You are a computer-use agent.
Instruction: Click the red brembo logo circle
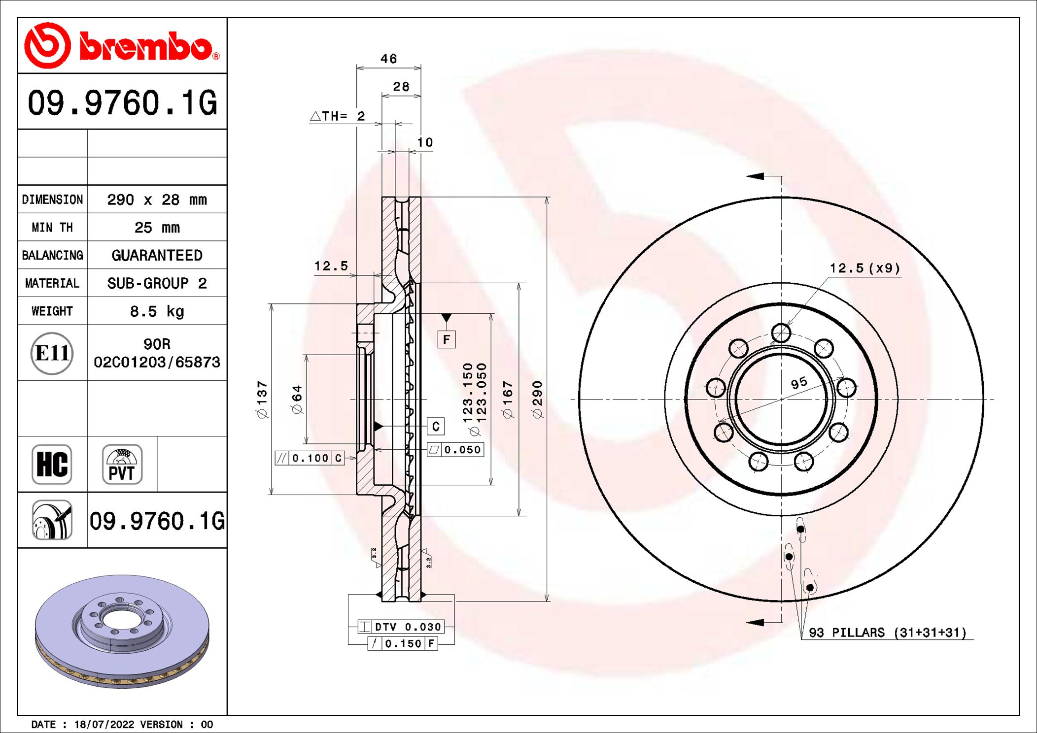click(x=47, y=45)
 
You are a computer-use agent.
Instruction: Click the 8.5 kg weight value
click(x=157, y=311)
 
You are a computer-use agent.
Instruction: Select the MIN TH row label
click(x=52, y=228)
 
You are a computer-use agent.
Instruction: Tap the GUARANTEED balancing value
click(x=157, y=255)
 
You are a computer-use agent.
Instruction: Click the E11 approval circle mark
click(x=52, y=353)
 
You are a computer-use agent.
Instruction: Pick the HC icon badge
click(x=52, y=465)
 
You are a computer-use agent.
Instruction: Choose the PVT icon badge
click(x=122, y=465)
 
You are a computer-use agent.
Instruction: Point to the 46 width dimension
click(x=388, y=59)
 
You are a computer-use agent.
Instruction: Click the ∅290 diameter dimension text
click(x=538, y=399)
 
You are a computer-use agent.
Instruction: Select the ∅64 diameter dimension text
click(x=297, y=399)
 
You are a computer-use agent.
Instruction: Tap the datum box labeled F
click(x=446, y=339)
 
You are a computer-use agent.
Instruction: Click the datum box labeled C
click(x=436, y=426)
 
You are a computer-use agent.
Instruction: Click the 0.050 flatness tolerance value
click(x=462, y=450)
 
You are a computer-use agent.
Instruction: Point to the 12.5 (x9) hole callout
click(x=864, y=268)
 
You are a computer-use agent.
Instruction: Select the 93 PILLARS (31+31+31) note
click(x=887, y=633)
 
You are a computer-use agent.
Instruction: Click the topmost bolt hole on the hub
click(x=781, y=333)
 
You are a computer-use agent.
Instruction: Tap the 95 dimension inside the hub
click(x=799, y=382)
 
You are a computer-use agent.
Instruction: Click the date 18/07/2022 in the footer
click(x=104, y=725)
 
